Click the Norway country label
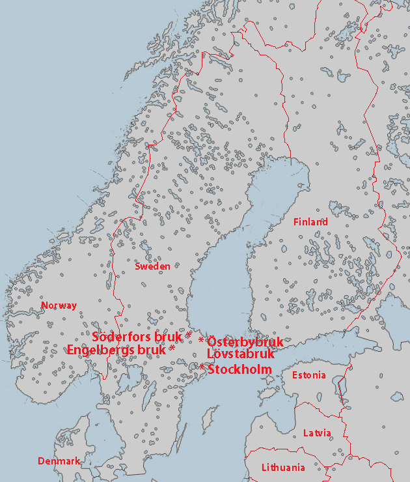[x=59, y=305]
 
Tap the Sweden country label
[x=152, y=266]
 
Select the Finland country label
[x=310, y=222]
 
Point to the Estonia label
[x=308, y=375]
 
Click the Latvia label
[x=317, y=433]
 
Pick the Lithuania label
[x=283, y=468]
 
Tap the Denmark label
[x=59, y=461]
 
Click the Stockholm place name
[x=239, y=370]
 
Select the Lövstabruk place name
[x=240, y=355]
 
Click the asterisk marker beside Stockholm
[x=202, y=369]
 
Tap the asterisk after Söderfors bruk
[x=189, y=336]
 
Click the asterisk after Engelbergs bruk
[x=172, y=350]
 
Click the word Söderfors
[x=122, y=337]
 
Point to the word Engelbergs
[x=101, y=350]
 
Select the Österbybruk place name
[x=245, y=342]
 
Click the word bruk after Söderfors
[x=168, y=337]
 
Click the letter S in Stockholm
[x=211, y=370]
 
